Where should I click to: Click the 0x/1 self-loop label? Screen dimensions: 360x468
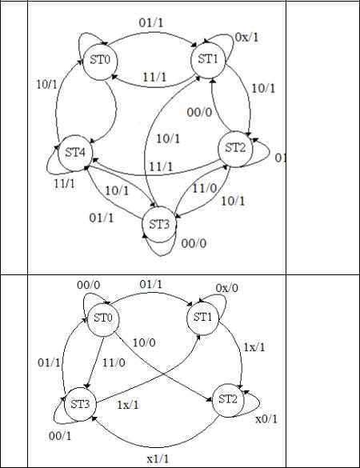coord(246,38)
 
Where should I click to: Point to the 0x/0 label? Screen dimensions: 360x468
coord(227,288)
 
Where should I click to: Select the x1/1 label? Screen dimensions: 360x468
coord(158,458)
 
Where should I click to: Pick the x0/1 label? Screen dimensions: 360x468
coord(266,419)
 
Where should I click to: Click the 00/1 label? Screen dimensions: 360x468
coord(60,436)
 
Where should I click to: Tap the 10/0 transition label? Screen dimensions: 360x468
coord(144,342)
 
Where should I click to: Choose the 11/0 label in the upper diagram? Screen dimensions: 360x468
coord(205,188)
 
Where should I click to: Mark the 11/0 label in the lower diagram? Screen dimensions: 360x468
coord(114,362)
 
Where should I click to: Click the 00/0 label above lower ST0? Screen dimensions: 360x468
coord(89,285)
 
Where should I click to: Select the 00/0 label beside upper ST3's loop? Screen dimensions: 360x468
coord(194,243)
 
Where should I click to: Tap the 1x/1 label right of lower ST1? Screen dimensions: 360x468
coord(254,347)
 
